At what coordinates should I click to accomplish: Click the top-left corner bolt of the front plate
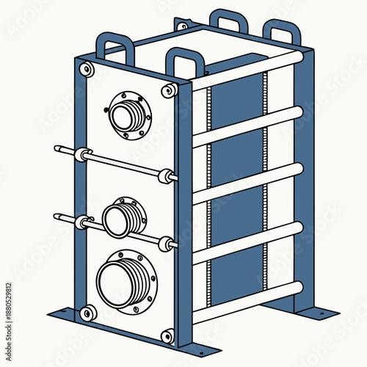coord(87,70)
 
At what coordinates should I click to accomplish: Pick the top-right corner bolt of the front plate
coord(169,90)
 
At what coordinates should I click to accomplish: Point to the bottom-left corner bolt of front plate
coord(88,313)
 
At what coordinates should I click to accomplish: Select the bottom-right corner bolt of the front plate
coord(168,336)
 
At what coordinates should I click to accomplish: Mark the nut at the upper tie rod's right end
coord(170,176)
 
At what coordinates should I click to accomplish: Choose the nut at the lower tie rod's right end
coord(170,243)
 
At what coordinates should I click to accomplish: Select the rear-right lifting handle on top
coord(283,32)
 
